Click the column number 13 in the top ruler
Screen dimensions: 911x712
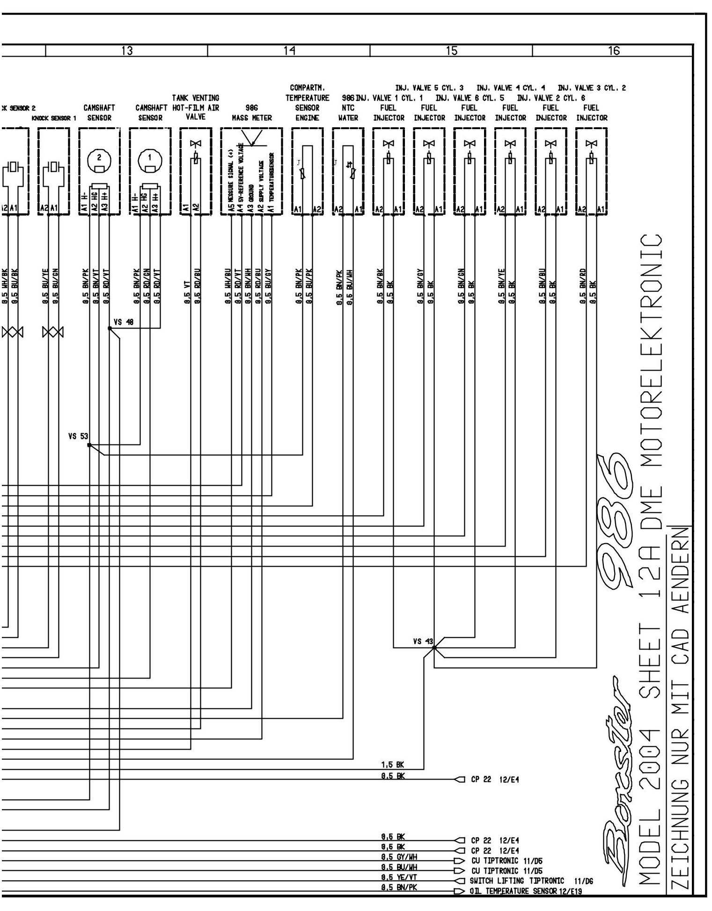127,51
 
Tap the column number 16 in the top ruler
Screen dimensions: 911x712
613,51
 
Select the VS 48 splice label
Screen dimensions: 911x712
124,322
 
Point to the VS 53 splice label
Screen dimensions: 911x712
78,437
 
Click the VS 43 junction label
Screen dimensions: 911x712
423,641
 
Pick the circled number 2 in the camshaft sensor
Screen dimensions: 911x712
99,157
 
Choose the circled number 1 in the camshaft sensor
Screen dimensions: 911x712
150,157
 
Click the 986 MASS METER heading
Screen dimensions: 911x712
252,113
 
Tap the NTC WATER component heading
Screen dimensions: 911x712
348,113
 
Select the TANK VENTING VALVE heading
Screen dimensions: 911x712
195,108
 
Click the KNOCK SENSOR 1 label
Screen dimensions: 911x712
54,118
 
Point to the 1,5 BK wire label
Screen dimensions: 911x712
392,765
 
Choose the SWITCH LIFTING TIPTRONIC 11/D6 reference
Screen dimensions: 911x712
531,881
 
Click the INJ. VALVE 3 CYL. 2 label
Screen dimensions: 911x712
592,88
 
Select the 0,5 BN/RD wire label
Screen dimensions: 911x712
583,285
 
